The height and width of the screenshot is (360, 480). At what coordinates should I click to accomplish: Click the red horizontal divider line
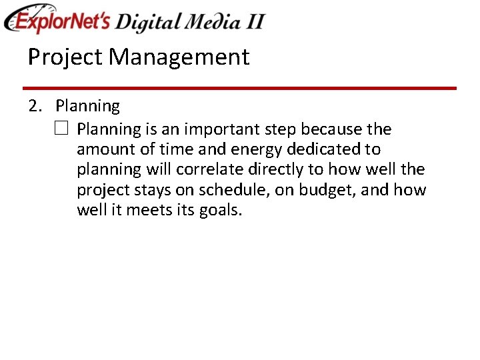pos(239,88)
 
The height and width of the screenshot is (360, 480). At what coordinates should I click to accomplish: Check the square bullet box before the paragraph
pos(61,129)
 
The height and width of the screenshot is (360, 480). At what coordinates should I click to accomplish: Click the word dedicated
pos(323,149)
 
